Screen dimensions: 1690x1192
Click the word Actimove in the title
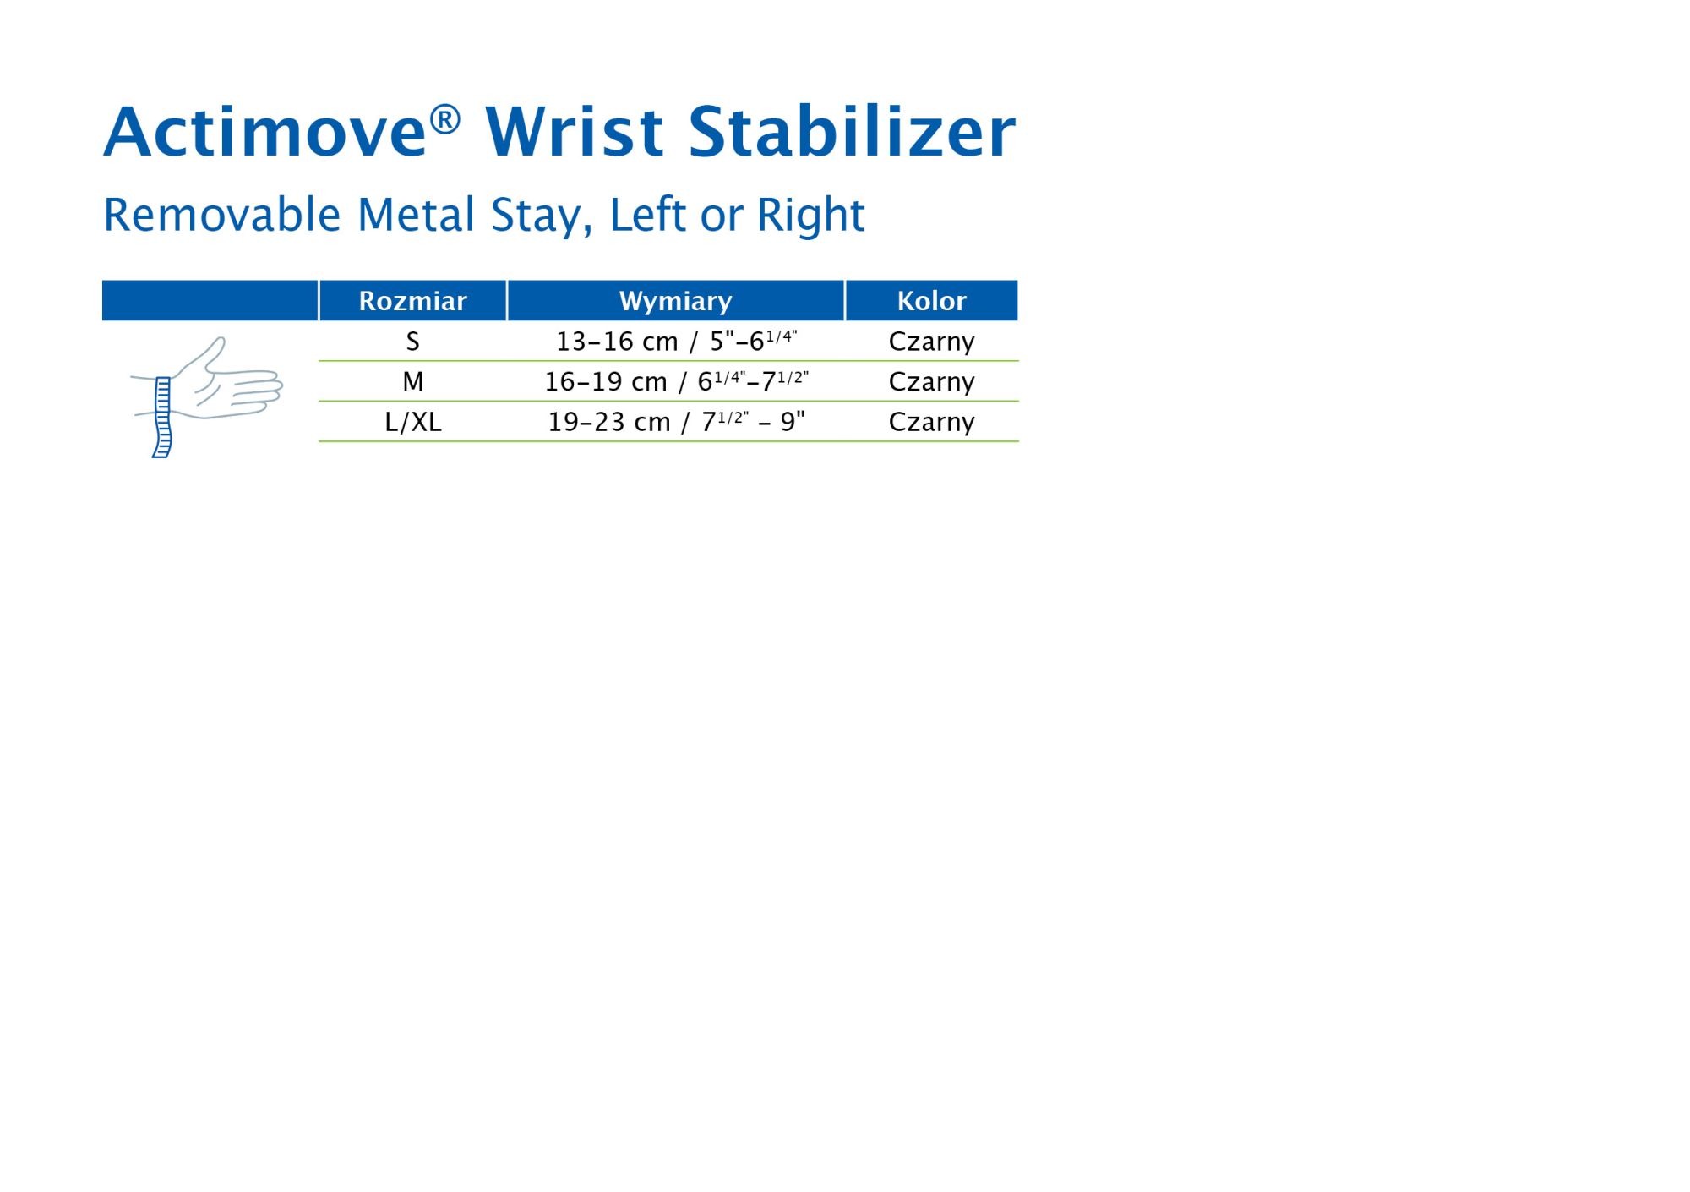click(x=264, y=133)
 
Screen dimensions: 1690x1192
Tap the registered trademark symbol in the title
click(x=444, y=119)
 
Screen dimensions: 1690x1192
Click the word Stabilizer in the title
click(x=852, y=133)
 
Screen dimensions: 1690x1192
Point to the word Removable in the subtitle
click(x=221, y=215)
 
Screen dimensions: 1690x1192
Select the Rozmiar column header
click(x=412, y=301)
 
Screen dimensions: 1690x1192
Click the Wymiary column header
click(x=675, y=302)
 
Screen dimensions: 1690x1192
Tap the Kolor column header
click(x=931, y=301)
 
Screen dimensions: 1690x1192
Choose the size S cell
click(x=412, y=342)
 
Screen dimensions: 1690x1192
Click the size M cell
click(x=412, y=382)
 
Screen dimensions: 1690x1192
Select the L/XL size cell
click(x=412, y=422)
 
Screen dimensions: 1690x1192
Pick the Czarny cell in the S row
click(x=931, y=342)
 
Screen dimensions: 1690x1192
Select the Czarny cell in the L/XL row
click(x=931, y=423)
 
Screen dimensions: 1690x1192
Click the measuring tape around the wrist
click(x=162, y=418)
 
